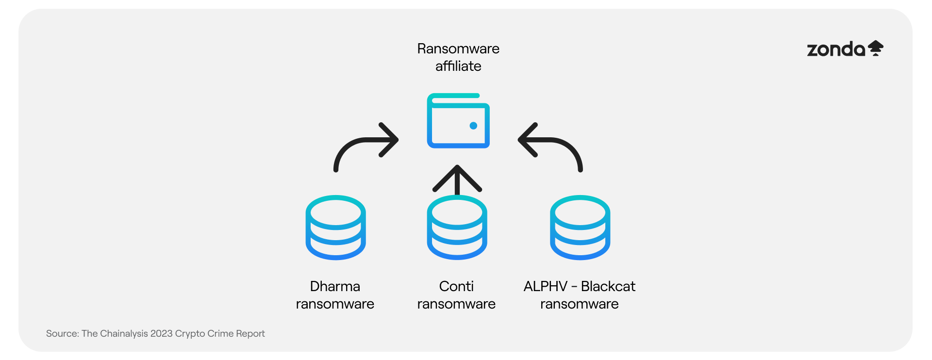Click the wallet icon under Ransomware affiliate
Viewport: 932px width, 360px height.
tap(458, 121)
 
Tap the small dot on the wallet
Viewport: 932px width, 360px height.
tap(473, 126)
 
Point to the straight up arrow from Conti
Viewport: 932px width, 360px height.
tap(457, 180)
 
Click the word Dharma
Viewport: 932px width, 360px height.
tap(335, 286)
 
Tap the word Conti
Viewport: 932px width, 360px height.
tap(456, 286)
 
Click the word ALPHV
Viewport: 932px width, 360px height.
tap(545, 286)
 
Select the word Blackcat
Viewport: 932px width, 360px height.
tap(608, 286)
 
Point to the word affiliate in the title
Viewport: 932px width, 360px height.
tap(458, 66)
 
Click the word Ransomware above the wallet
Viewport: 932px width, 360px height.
tap(458, 49)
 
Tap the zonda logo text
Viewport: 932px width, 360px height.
tap(836, 49)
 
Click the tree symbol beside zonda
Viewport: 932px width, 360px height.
tap(876, 48)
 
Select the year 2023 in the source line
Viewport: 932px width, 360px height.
tap(161, 333)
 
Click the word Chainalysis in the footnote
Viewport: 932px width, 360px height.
tap(124, 333)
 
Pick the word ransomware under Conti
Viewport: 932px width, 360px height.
tap(456, 304)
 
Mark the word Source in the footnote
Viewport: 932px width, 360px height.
tap(62, 333)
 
